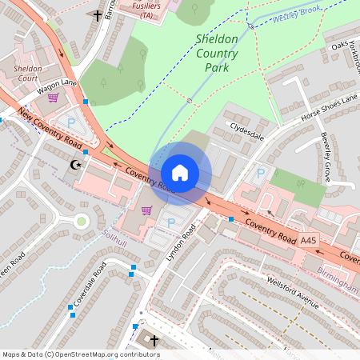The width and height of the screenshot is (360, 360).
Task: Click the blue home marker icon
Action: tap(180, 173)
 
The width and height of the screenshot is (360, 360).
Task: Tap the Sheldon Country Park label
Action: tap(216, 53)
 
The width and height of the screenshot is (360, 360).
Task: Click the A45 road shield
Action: tap(309, 239)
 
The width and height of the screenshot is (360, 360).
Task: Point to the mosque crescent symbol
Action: tap(77, 165)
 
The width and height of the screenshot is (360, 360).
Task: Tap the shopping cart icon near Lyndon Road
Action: tap(146, 210)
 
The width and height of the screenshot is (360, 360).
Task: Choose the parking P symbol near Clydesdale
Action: tap(259, 172)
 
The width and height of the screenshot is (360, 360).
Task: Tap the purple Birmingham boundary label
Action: tap(342, 282)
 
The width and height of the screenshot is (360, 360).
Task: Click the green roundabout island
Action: tap(82, 221)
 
